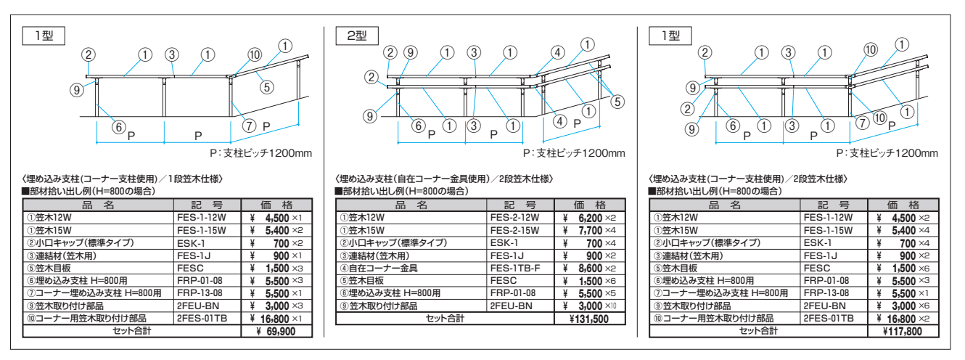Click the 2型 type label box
click(x=356, y=36)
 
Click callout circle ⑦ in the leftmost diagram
click(x=249, y=126)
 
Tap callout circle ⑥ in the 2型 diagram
click(x=418, y=126)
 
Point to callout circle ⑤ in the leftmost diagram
click(x=266, y=87)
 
